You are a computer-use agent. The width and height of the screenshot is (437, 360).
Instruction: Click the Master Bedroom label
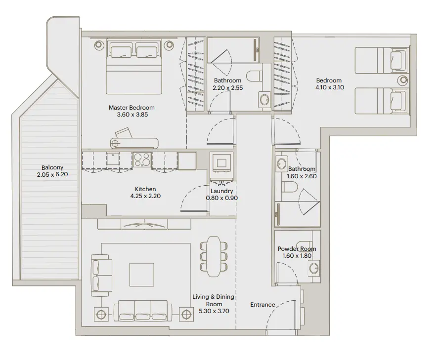(131, 107)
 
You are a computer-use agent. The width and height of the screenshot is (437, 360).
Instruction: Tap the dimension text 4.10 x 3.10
(329, 88)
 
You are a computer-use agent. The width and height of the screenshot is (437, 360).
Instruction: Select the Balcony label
(52, 167)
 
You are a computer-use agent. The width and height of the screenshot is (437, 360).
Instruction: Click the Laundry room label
(221, 191)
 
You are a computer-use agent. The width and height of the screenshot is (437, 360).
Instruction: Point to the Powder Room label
(297, 249)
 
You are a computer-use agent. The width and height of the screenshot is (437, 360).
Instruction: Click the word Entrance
(262, 305)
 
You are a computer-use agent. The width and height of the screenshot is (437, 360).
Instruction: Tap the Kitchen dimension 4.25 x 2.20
(145, 196)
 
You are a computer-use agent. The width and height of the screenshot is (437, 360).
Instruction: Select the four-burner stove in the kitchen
(142, 160)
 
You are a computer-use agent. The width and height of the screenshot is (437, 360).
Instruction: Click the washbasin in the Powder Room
(312, 269)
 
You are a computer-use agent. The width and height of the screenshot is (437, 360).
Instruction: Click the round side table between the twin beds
(403, 80)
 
